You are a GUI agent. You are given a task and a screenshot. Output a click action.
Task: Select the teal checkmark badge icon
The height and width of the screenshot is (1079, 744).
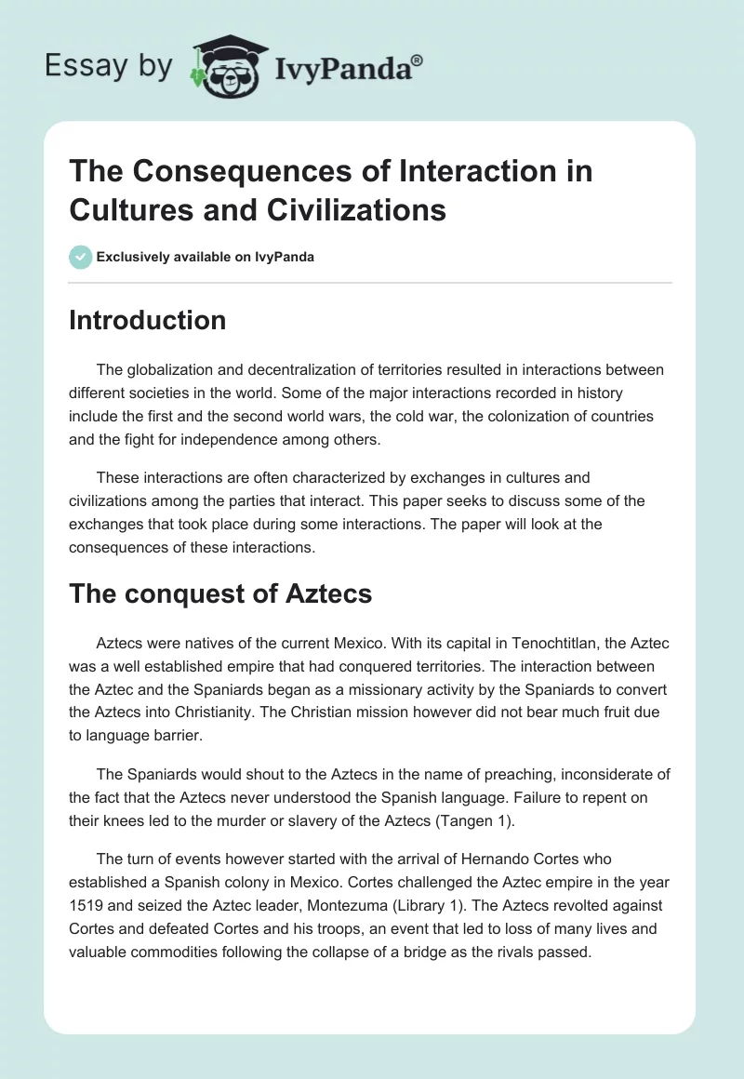pyautogui.click(x=80, y=257)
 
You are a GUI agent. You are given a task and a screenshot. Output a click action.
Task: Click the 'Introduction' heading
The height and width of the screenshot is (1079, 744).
pyautogui.click(x=147, y=320)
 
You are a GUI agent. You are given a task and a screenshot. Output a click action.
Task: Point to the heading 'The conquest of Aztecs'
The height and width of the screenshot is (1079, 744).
pyautogui.click(x=220, y=593)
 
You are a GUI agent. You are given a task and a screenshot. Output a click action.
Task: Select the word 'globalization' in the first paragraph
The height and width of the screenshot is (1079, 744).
pyautogui.click(x=166, y=369)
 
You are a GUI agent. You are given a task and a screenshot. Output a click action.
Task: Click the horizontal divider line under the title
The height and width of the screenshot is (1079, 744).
pyautogui.click(x=370, y=283)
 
